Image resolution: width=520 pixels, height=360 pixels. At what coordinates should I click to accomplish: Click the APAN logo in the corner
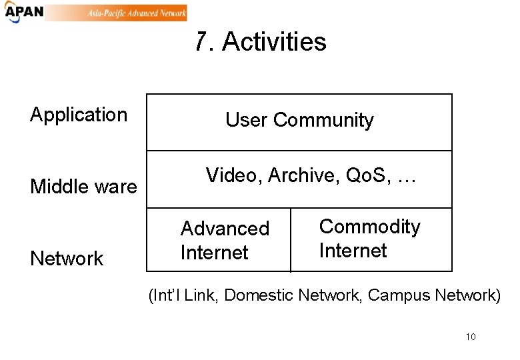coord(23,13)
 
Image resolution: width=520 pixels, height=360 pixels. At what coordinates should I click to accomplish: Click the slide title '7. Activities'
coord(261,42)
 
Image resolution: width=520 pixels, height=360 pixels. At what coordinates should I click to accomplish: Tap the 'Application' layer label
coord(79,115)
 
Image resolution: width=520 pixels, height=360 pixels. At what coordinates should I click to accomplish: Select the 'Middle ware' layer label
coord(83,187)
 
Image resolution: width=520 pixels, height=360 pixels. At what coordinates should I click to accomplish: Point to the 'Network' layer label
coord(67,259)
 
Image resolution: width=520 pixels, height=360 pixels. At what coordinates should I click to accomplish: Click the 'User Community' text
coord(299,120)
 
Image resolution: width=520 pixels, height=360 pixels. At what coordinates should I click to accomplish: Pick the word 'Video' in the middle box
coord(234,175)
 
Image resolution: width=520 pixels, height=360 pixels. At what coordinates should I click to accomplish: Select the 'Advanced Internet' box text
coord(225,241)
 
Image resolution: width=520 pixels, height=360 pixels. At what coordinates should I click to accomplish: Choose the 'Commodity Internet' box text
coord(370,239)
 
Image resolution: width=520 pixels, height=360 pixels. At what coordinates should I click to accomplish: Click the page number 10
coord(471,337)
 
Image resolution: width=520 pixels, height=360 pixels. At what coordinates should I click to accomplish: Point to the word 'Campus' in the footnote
coord(399,295)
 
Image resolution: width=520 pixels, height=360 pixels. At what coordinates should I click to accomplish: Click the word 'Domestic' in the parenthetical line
coord(262,295)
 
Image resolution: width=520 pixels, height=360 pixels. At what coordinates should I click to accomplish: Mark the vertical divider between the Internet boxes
coord(291,240)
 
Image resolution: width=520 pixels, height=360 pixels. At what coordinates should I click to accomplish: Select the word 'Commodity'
coord(370,227)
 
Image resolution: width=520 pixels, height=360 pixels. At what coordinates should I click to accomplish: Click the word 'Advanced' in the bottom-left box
coord(225,229)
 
